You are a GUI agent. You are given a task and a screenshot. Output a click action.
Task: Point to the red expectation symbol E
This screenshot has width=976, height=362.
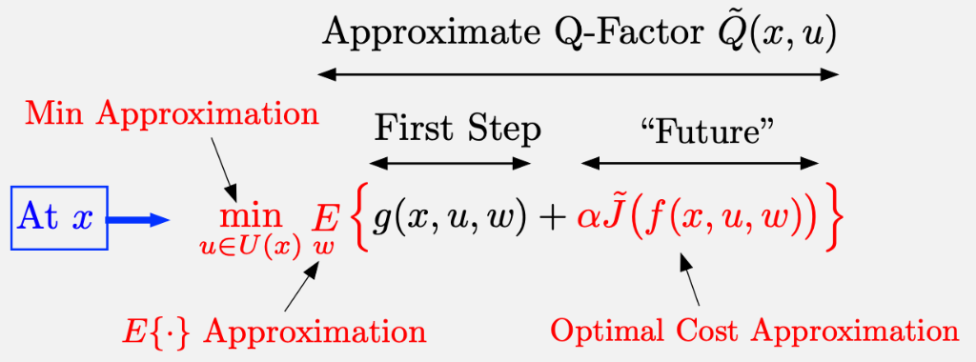tap(327, 219)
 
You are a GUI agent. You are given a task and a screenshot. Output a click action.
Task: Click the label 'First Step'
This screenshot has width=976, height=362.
tap(457, 129)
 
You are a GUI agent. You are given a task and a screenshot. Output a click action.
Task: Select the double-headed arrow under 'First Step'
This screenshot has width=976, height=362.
tap(450, 163)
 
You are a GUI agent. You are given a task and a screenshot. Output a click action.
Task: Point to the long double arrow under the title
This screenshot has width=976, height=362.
tap(579, 72)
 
